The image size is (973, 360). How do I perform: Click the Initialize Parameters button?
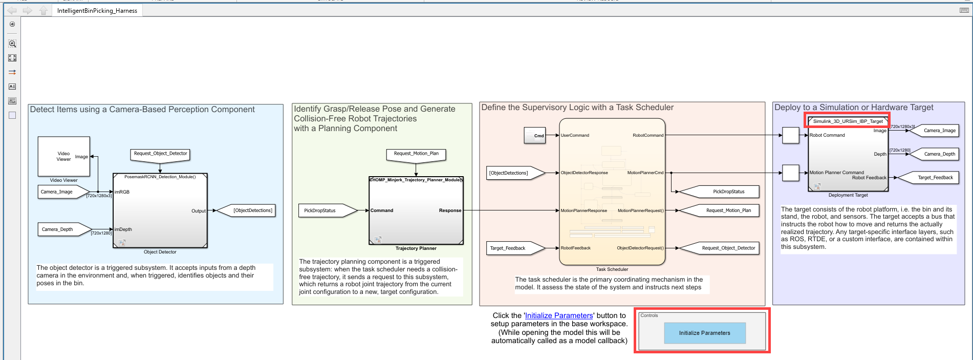click(x=704, y=333)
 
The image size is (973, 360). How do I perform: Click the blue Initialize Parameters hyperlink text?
click(x=558, y=315)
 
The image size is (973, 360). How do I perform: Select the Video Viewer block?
click(x=63, y=156)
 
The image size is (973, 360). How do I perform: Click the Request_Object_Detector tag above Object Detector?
click(x=160, y=154)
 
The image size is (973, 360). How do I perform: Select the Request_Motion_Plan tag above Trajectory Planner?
click(x=416, y=154)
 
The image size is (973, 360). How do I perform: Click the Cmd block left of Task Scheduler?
click(x=535, y=136)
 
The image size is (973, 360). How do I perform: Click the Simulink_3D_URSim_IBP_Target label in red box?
click(x=848, y=121)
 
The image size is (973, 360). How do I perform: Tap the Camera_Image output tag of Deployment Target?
click(x=935, y=131)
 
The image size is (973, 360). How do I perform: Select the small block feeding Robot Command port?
click(x=791, y=135)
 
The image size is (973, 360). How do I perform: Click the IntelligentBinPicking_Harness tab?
click(x=97, y=11)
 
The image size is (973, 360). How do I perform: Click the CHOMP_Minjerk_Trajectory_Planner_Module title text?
click(x=416, y=180)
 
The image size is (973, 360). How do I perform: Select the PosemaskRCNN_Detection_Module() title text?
click(x=160, y=177)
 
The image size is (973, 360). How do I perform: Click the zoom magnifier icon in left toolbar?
click(x=12, y=44)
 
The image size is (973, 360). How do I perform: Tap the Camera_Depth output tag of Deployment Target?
click(x=935, y=154)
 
